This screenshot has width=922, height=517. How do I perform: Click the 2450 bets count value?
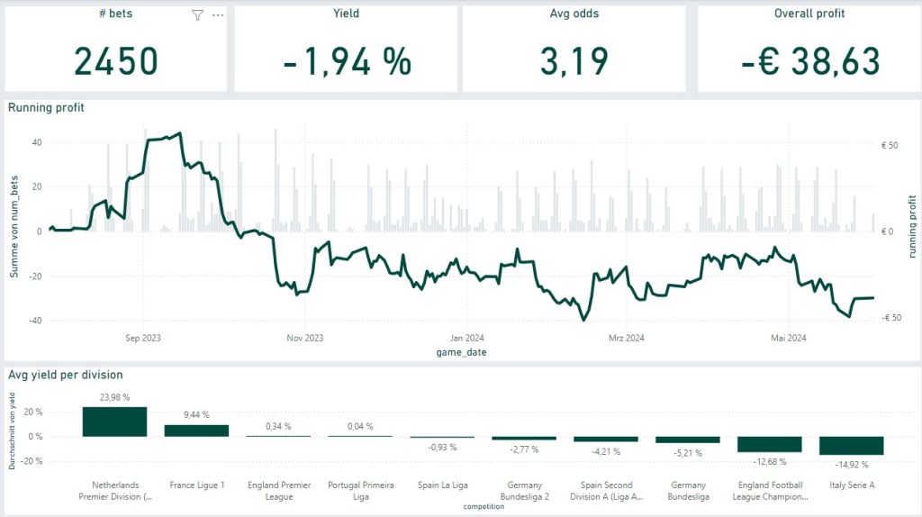pos(115,61)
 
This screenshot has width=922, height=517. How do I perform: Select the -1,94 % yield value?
pos(347,61)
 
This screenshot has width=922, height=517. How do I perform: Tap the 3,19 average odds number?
pos(574,61)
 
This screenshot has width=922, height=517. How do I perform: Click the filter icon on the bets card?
pos(197,15)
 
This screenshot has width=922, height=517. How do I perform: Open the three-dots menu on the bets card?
pos(217,15)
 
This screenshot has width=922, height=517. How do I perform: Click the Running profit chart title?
pos(47,107)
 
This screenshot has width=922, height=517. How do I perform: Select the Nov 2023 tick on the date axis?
pos(304,339)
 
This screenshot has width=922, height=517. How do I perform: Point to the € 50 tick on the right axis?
pos(889,144)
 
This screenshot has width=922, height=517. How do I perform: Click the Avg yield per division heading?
pos(66,375)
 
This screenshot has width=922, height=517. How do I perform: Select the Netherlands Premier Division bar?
pos(114,422)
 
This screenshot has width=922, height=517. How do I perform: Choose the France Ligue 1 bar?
pos(195,431)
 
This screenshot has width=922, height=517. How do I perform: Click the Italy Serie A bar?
pos(851,446)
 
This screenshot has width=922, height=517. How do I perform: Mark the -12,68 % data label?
pos(769,462)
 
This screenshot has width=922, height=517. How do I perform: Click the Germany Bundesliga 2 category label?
pos(524,491)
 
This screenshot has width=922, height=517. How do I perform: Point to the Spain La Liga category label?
pos(442,485)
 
